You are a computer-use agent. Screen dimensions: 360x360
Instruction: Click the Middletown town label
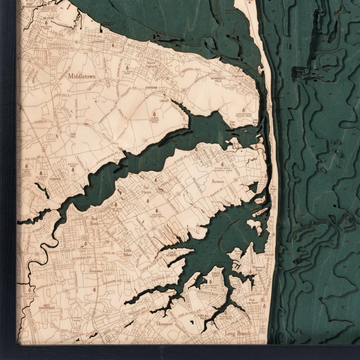tap(81, 76)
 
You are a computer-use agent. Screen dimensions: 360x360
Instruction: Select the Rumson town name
tap(218, 182)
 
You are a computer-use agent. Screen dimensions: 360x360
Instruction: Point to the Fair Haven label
tap(146, 190)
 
